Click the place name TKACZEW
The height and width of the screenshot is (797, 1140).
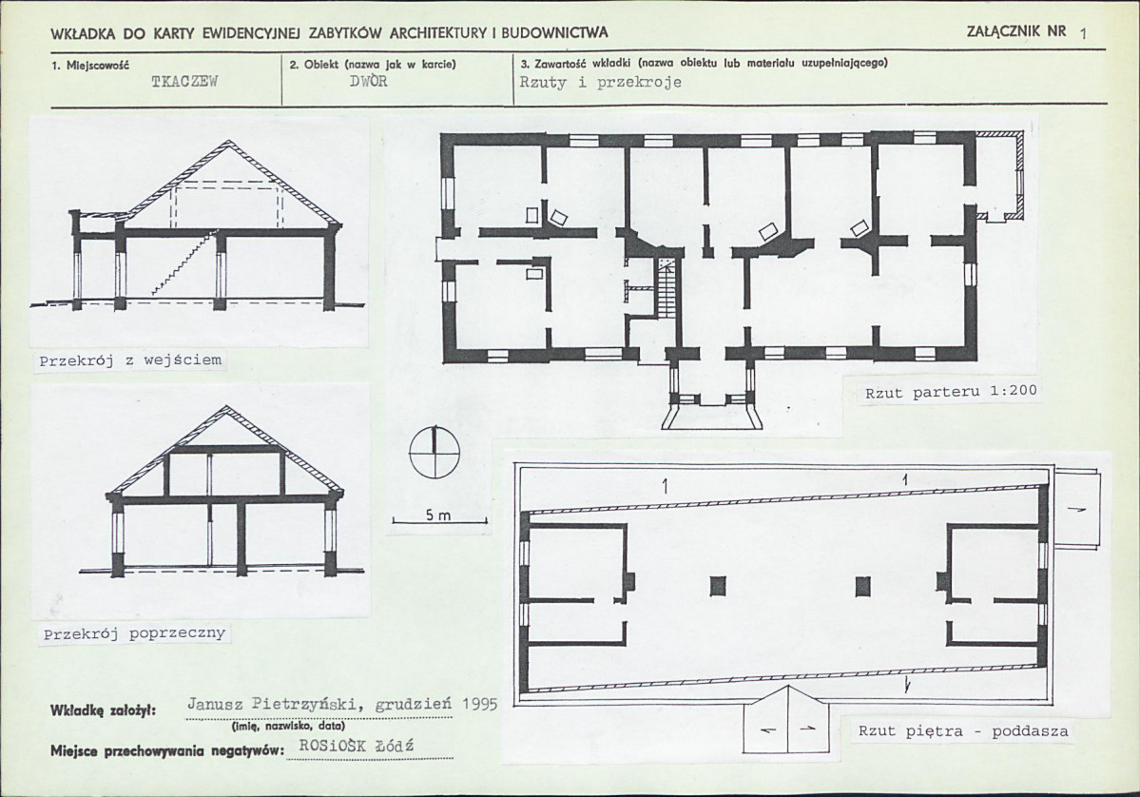(x=184, y=82)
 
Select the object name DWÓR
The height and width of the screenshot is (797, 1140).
(x=369, y=81)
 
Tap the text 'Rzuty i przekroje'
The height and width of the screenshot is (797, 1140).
(x=601, y=82)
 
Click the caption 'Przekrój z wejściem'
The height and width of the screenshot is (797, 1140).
(x=131, y=360)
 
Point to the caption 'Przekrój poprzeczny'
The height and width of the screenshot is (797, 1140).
(x=134, y=634)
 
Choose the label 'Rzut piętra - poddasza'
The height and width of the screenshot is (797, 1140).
(x=963, y=730)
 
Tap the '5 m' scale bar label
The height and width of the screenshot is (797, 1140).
(x=438, y=515)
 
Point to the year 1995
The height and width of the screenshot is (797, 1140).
(x=478, y=704)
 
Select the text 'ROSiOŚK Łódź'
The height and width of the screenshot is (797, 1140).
(x=357, y=746)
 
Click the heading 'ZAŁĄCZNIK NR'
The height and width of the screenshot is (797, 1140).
(x=1017, y=31)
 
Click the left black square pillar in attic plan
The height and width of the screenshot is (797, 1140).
(x=718, y=586)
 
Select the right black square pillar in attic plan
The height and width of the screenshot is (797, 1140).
(x=863, y=586)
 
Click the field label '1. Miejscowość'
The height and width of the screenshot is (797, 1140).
(x=90, y=65)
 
